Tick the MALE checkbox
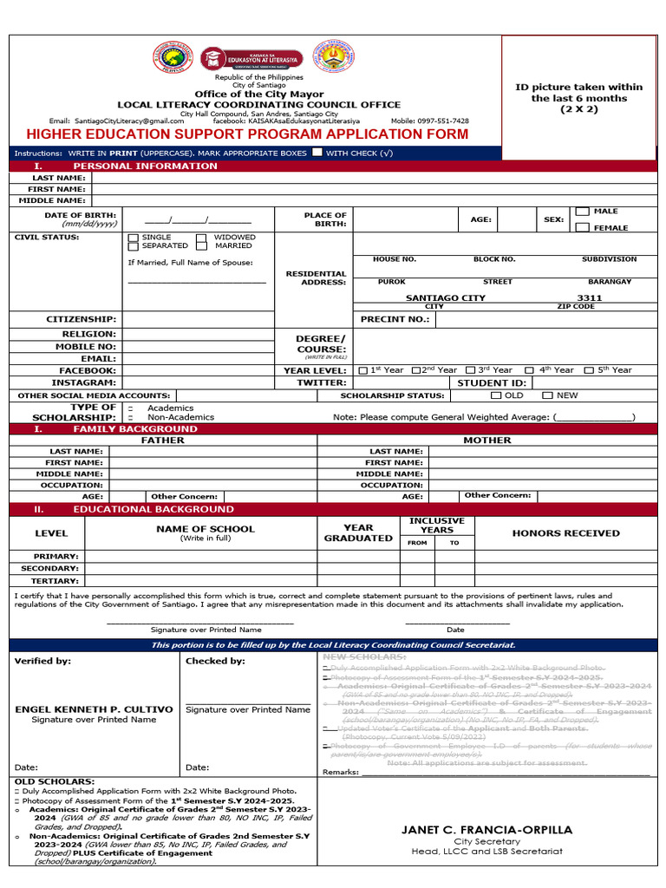coord(583,212)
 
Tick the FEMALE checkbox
coord(583,227)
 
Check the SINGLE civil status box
coord(133,238)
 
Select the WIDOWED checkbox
coord(201,238)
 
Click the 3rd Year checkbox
coord(470,370)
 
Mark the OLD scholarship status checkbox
coord(495,395)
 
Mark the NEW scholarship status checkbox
coord(547,395)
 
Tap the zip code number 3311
coord(589,297)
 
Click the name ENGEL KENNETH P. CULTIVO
coord(94,708)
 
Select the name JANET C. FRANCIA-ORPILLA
coord(486,830)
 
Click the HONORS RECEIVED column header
coord(565,533)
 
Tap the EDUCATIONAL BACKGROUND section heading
coord(153,509)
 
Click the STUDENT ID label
coord(491,382)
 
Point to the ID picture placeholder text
coord(578,98)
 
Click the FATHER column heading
coord(163,441)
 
